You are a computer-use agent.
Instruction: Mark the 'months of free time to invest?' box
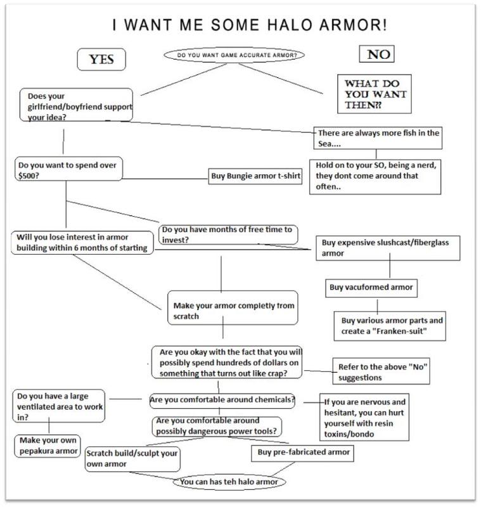pyautogui.click(x=228, y=233)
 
